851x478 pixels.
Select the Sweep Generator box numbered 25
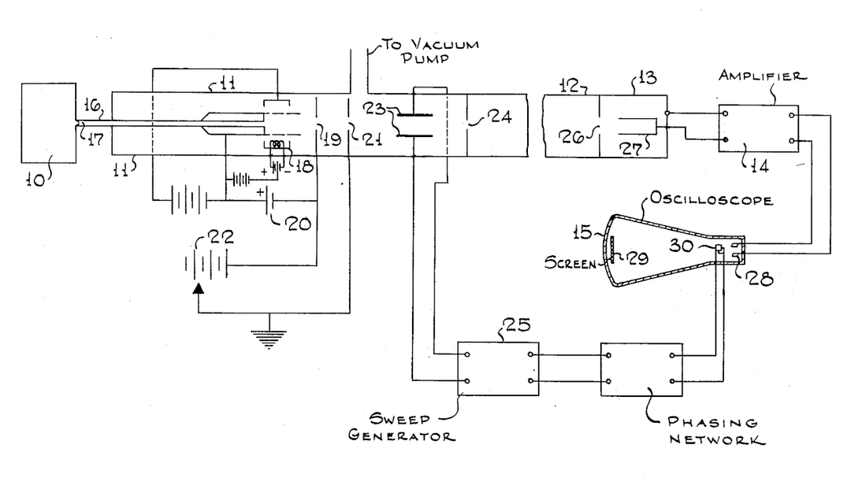pos(498,368)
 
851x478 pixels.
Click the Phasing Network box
pos(641,368)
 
